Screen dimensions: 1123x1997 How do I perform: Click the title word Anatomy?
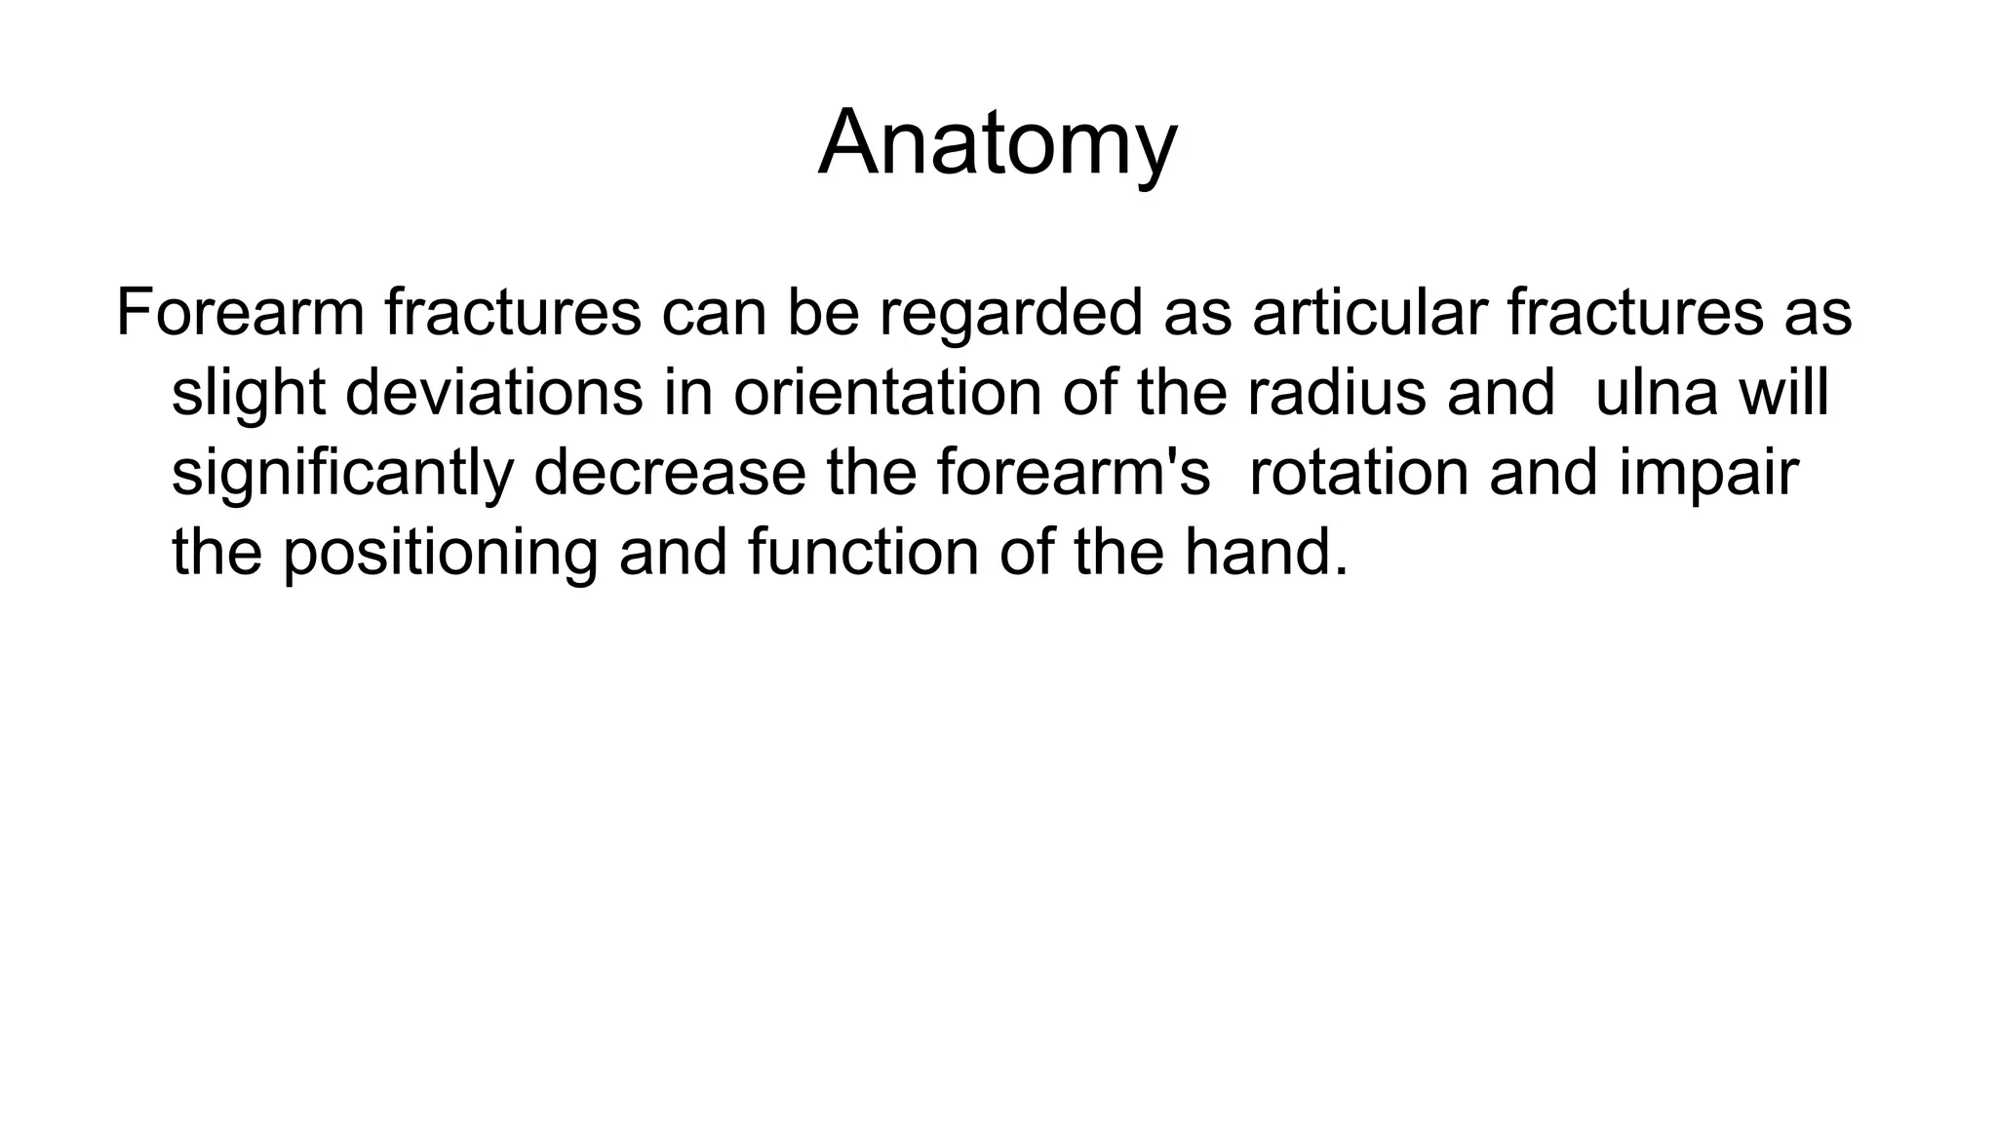[998, 144]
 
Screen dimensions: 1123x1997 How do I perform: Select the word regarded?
[1010, 313]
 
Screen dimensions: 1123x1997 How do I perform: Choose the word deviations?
[494, 393]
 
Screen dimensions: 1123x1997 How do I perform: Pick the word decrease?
[670, 473]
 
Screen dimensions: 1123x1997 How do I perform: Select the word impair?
[1708, 473]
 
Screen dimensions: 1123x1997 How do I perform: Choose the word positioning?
[440, 553]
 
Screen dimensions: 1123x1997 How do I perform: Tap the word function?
[863, 553]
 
